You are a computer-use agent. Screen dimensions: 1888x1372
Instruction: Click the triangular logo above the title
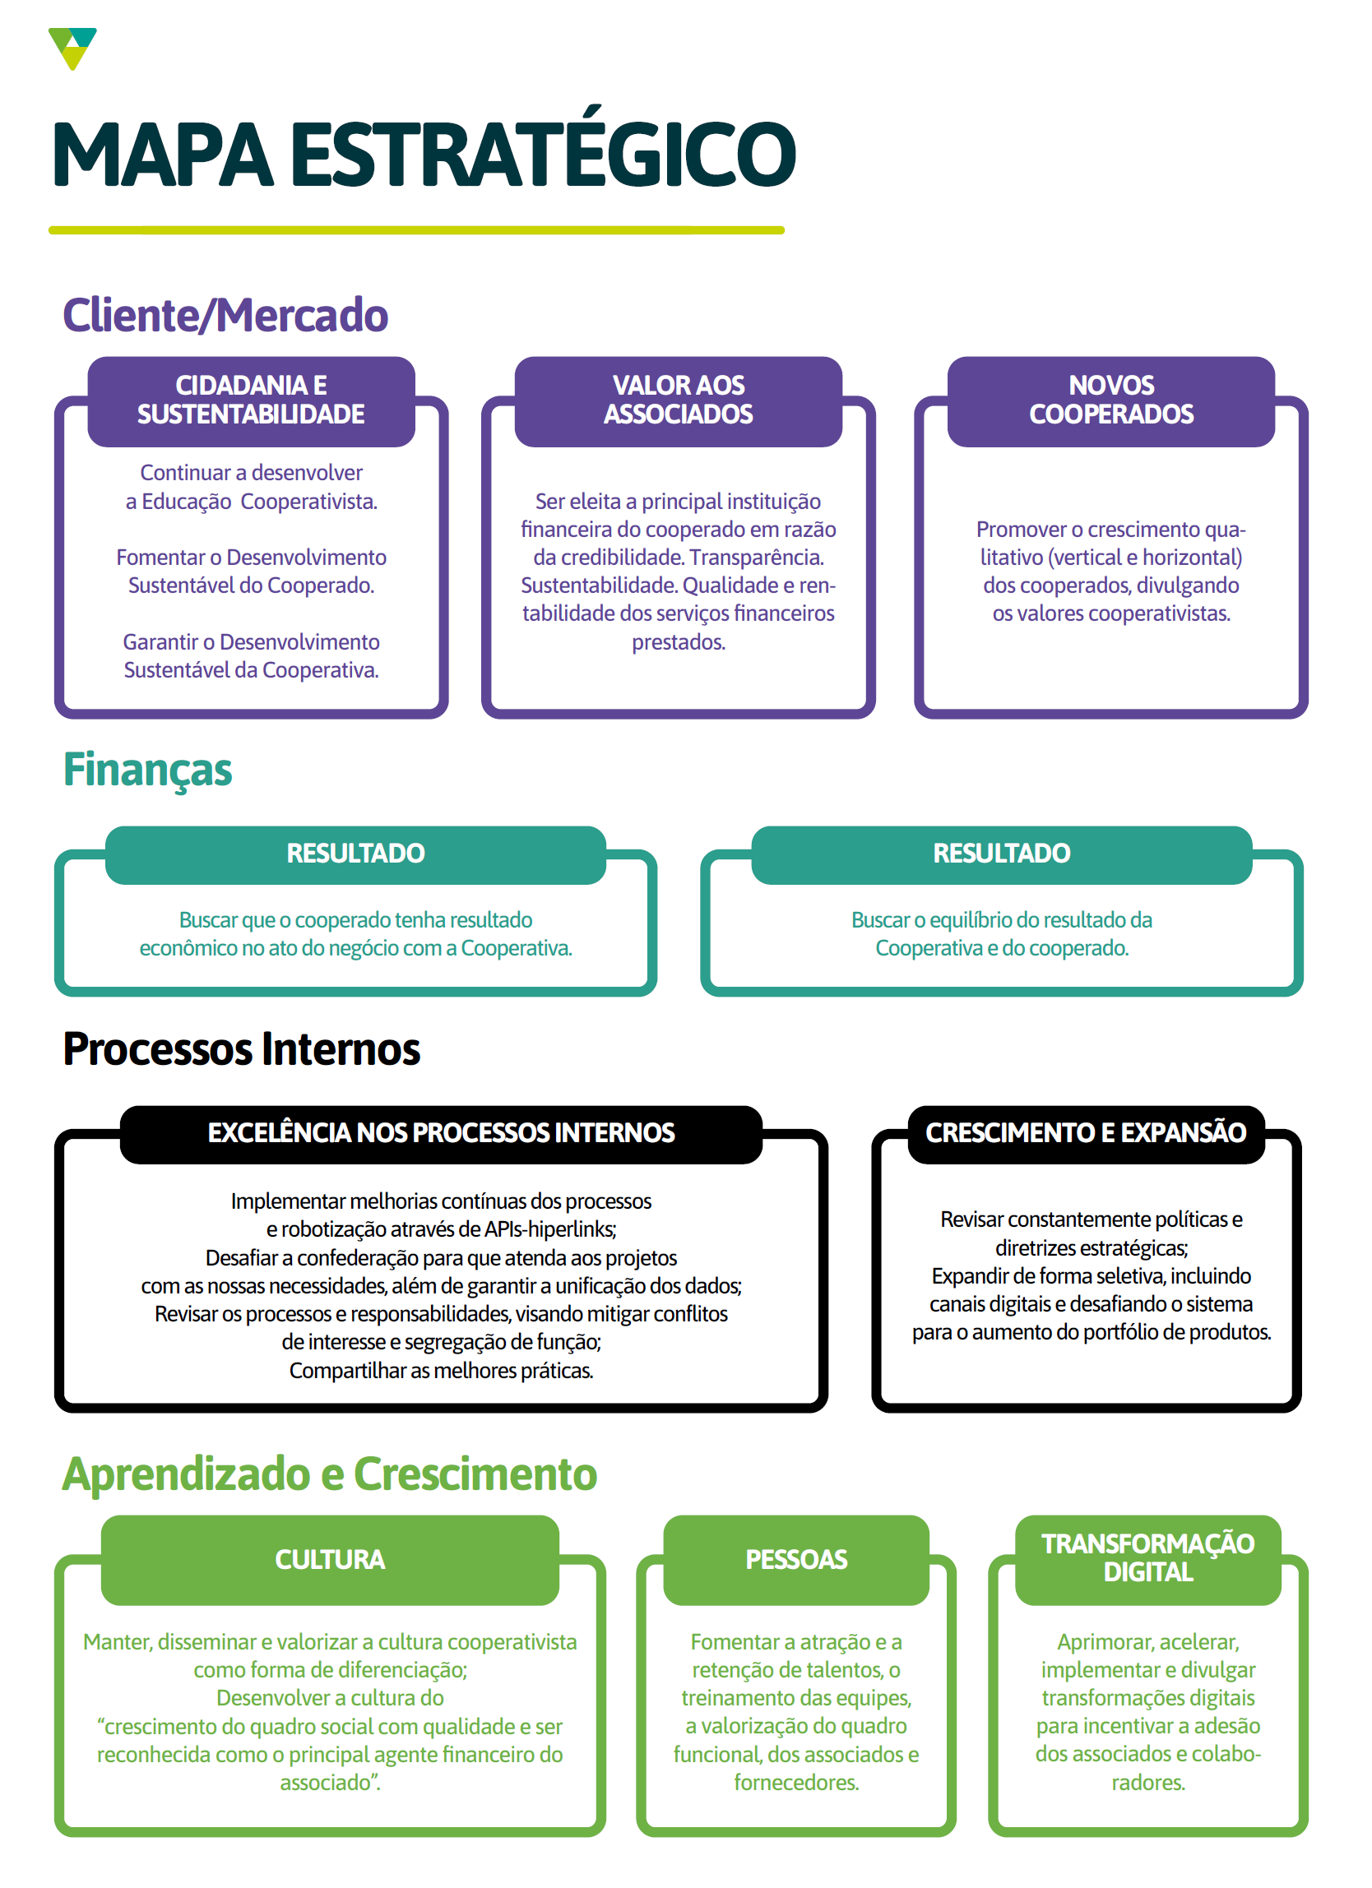pyautogui.click(x=72, y=48)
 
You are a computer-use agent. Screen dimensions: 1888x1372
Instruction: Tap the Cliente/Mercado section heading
pyautogui.click(x=225, y=316)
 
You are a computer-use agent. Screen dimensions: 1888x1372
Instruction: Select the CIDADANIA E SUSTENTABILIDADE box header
pyautogui.click(x=251, y=400)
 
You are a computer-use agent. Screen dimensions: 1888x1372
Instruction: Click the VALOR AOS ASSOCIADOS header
pyautogui.click(x=678, y=400)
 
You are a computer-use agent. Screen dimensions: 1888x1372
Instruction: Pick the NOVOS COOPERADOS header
pyautogui.click(x=1110, y=400)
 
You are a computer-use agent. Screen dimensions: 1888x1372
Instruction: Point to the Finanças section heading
pyautogui.click(x=147, y=770)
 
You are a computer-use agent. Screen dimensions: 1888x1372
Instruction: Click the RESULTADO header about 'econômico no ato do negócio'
pyautogui.click(x=355, y=854)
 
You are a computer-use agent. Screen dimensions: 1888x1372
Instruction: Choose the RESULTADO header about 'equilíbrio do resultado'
pyautogui.click(x=1001, y=854)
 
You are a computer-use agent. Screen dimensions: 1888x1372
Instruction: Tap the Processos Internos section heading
pyautogui.click(x=242, y=1049)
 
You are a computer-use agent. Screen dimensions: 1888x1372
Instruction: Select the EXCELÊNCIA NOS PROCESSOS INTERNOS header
pyautogui.click(x=441, y=1134)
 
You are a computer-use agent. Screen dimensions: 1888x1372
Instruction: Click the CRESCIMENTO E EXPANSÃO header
pyautogui.click(x=1086, y=1134)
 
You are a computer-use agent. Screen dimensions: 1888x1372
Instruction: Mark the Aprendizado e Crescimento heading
pyautogui.click(x=330, y=1474)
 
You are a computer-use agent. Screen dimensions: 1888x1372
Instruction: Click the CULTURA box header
pyautogui.click(x=330, y=1560)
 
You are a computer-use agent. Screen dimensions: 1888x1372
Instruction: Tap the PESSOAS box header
pyautogui.click(x=796, y=1560)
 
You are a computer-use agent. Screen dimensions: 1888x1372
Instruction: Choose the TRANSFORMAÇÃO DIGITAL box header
pyautogui.click(x=1147, y=1558)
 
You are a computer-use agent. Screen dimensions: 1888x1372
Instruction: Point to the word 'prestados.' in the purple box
pyautogui.click(x=678, y=643)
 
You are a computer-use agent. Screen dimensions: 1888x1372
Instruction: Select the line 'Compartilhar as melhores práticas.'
pyautogui.click(x=441, y=1371)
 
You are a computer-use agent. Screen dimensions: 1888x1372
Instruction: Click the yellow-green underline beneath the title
pyautogui.click(x=416, y=230)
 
